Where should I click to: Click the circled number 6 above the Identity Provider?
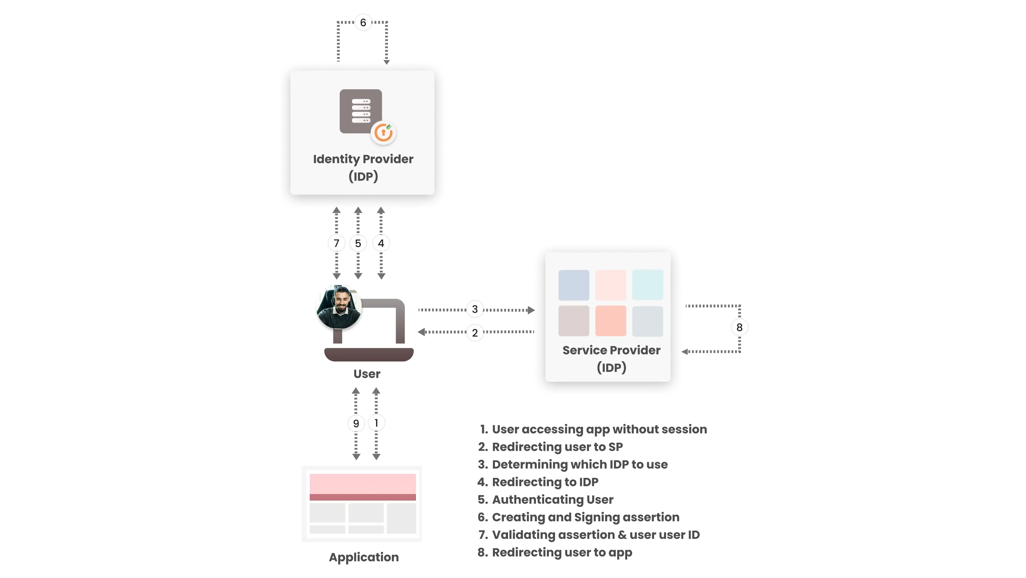[x=363, y=23]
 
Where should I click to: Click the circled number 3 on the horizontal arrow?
[x=475, y=309]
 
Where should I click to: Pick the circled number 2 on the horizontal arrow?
[x=475, y=333]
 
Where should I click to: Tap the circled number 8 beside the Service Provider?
[x=739, y=327]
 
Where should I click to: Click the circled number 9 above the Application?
[x=356, y=423]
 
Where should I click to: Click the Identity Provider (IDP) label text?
[x=363, y=167]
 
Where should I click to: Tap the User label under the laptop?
[x=367, y=374]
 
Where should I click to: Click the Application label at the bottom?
[x=364, y=557]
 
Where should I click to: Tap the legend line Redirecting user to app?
[x=562, y=553]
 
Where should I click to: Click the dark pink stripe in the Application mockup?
[x=362, y=497]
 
